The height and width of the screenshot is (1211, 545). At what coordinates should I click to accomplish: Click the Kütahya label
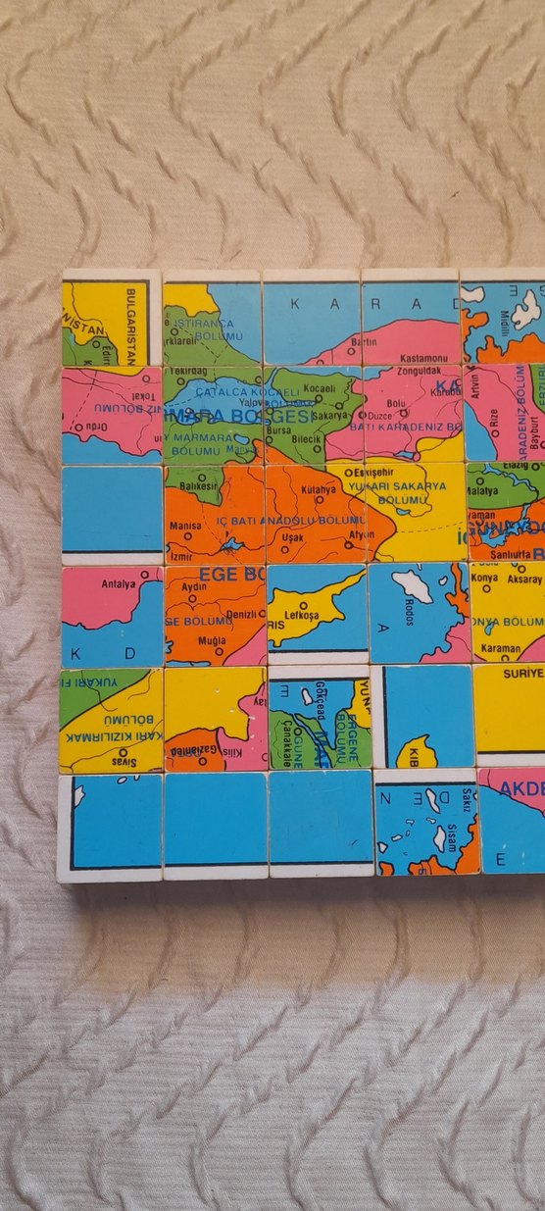pos(318,488)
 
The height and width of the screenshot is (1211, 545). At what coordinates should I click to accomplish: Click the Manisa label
pos(185,526)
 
